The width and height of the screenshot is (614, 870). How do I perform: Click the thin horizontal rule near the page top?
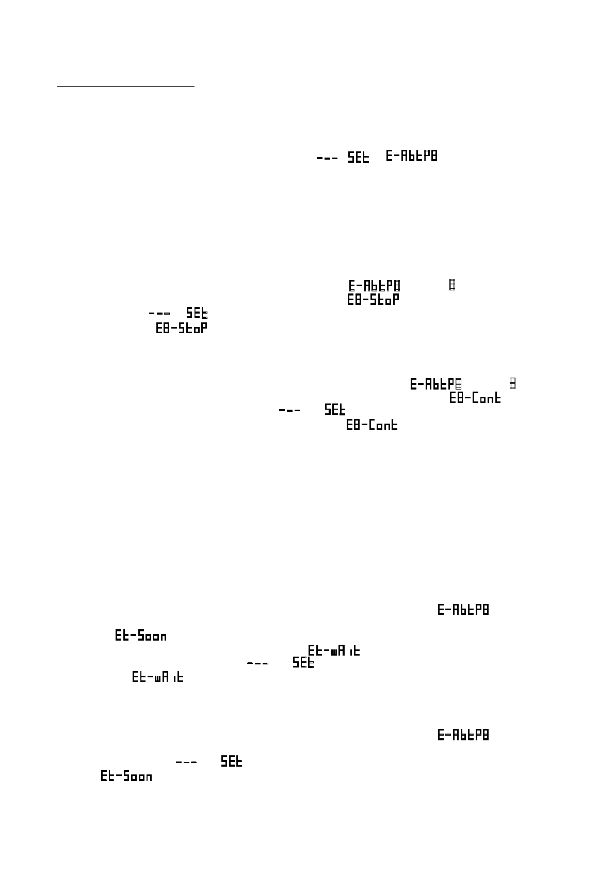pos(125,87)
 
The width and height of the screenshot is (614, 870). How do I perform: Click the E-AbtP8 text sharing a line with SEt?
pos(411,156)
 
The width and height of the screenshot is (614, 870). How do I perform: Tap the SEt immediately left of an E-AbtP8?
pos(359,157)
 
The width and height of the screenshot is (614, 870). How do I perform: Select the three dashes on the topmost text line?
pos(327,158)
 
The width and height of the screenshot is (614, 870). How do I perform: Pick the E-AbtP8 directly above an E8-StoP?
pos(374,285)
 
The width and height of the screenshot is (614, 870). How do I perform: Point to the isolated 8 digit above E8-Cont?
pos(513,384)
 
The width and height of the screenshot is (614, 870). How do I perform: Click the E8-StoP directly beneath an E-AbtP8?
pos(373,299)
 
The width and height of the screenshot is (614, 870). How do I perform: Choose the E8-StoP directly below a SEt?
pos(182,328)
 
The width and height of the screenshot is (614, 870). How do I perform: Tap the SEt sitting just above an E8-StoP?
pos(197,313)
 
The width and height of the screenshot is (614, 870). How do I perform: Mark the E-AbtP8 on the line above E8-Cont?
pos(435,384)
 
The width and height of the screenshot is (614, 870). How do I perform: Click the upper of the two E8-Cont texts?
pos(475,398)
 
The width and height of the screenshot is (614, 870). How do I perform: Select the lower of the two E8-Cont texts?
pos(371,425)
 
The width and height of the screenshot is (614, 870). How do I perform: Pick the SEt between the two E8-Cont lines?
pos(335,410)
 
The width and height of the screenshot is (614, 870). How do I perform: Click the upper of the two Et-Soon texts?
pos(140,636)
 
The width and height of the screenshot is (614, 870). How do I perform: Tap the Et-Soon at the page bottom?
pos(126,776)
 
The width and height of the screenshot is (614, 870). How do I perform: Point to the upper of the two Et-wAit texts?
pos(334,650)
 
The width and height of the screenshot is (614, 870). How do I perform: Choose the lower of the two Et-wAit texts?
pos(158,677)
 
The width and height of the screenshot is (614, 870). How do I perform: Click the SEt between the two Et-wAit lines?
pos(303,663)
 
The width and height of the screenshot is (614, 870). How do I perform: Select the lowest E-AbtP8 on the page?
pos(463,735)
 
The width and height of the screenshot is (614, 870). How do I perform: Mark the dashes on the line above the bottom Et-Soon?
pos(186,762)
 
